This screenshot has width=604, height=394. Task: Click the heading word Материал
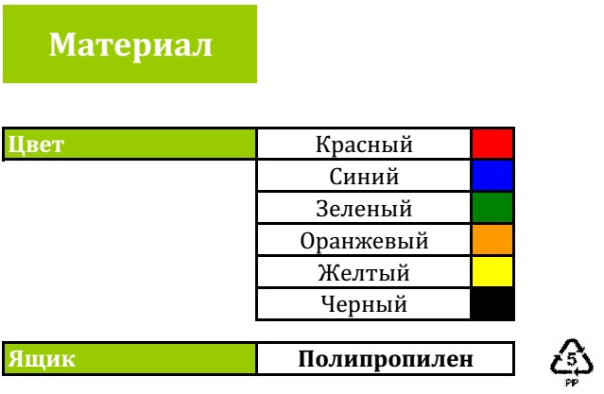click(x=130, y=45)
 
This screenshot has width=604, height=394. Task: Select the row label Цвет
click(x=36, y=146)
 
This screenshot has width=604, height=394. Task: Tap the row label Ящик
click(x=42, y=359)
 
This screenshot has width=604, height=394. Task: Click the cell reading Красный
click(x=364, y=145)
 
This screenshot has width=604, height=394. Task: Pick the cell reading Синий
click(x=364, y=177)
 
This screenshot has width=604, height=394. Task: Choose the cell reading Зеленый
click(x=364, y=209)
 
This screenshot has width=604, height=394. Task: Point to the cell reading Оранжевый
click(x=364, y=241)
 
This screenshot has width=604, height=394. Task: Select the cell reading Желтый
click(x=364, y=273)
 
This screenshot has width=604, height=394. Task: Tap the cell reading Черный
click(x=364, y=304)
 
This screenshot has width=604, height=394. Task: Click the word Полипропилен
click(x=386, y=359)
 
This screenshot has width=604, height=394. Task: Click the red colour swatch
click(x=492, y=144)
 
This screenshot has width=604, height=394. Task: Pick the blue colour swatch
click(x=492, y=176)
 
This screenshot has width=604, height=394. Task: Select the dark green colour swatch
click(x=492, y=208)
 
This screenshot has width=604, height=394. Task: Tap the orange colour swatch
click(x=492, y=240)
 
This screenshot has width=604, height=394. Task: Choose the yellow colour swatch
click(x=492, y=271)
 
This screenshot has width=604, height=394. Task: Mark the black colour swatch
click(x=492, y=304)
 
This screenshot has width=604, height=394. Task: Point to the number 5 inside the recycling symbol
click(x=572, y=359)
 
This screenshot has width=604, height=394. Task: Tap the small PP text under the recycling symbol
click(x=572, y=382)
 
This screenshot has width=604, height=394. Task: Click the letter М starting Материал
click(x=61, y=44)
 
